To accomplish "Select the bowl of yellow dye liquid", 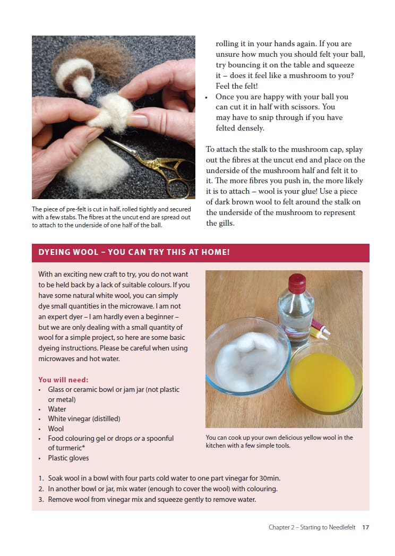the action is [x=324, y=378].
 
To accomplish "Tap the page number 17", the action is [x=366, y=527].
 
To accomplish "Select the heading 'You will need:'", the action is [x=63, y=380].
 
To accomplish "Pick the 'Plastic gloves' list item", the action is [x=68, y=458].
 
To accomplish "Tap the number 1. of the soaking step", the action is [x=41, y=478].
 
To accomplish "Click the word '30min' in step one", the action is [x=269, y=478].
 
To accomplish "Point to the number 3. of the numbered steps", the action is [x=41, y=500].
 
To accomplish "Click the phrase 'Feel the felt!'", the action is [x=237, y=86].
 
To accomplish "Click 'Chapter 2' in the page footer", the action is [x=281, y=527].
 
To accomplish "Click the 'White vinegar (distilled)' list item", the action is [x=84, y=419].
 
